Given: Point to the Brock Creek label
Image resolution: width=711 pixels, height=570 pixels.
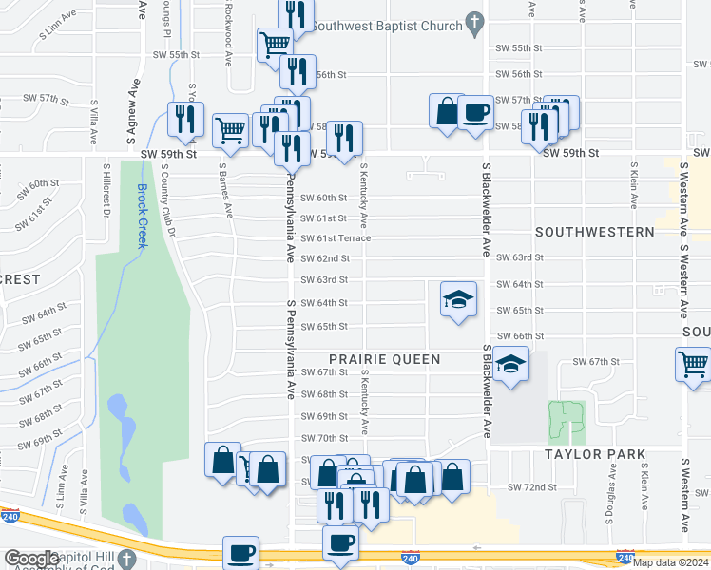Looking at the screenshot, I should point(143,216).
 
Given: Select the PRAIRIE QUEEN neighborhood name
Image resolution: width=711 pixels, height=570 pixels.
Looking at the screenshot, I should point(384,359).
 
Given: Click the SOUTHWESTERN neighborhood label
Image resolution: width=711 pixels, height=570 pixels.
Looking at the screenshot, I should point(594,232).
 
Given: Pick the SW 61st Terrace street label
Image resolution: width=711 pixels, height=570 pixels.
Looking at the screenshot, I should point(336,238).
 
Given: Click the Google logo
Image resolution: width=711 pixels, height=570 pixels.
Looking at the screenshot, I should point(31,559).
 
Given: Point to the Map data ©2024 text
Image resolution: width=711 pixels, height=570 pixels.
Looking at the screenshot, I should point(670,562).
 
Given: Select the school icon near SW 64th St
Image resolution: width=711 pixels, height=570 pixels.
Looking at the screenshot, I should point(458,300).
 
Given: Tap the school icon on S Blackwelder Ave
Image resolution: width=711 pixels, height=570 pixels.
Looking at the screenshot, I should point(510,365).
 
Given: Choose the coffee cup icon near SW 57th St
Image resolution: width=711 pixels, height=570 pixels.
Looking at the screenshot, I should point(475,113).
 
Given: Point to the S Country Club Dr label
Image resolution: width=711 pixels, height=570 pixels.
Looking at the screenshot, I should point(169,200).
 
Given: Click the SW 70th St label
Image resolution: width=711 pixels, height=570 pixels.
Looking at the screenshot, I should point(324,438).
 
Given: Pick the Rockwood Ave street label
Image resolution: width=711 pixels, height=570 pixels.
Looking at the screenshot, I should point(228,33).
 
